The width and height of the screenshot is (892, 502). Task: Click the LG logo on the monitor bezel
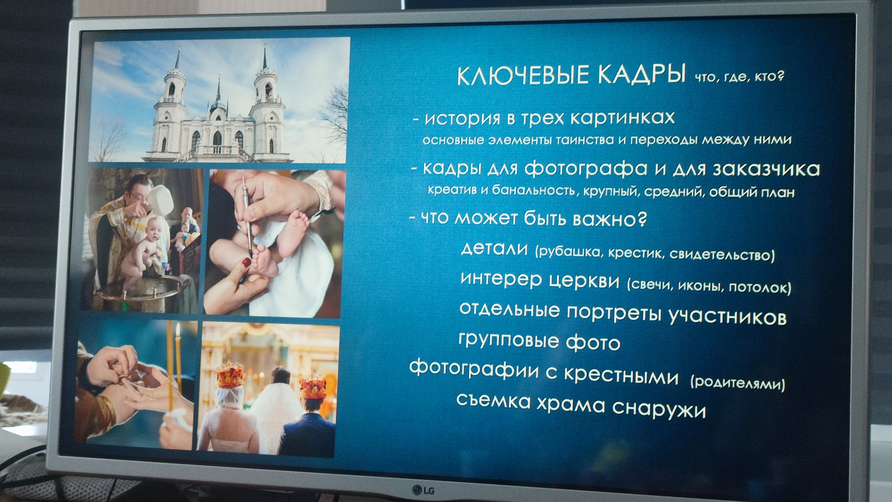[423, 490]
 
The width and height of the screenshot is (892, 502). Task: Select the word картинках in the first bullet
[622, 118]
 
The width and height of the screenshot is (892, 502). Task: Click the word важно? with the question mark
[610, 218]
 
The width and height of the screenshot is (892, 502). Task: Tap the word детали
[494, 249]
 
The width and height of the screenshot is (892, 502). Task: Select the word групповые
[509, 340]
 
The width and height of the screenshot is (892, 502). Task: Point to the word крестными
[621, 375]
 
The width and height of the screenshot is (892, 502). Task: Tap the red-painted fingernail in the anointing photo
[246, 262]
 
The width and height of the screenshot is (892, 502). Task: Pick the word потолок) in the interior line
[760, 287]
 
